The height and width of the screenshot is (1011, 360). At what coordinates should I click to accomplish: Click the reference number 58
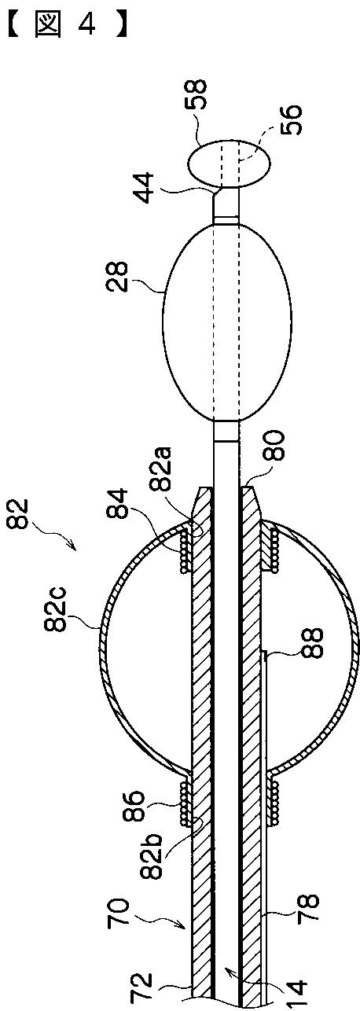click(x=197, y=95)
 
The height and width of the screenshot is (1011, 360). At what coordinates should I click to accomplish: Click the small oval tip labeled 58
click(x=230, y=162)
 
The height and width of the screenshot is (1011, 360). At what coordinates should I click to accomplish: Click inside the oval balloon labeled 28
click(x=226, y=322)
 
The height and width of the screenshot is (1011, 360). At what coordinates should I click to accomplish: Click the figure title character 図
click(x=46, y=26)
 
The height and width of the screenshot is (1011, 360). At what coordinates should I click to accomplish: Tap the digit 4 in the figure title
click(x=86, y=26)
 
